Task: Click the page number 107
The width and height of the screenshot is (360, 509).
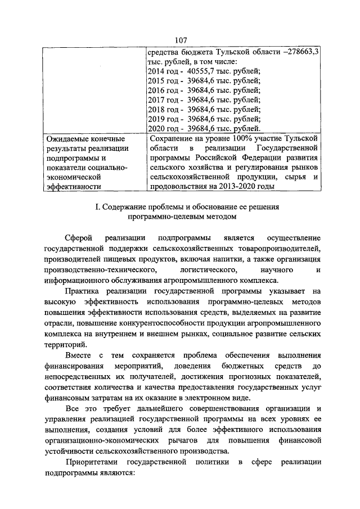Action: click(x=180, y=40)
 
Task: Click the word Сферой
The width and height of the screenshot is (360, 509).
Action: click(x=78, y=239)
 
